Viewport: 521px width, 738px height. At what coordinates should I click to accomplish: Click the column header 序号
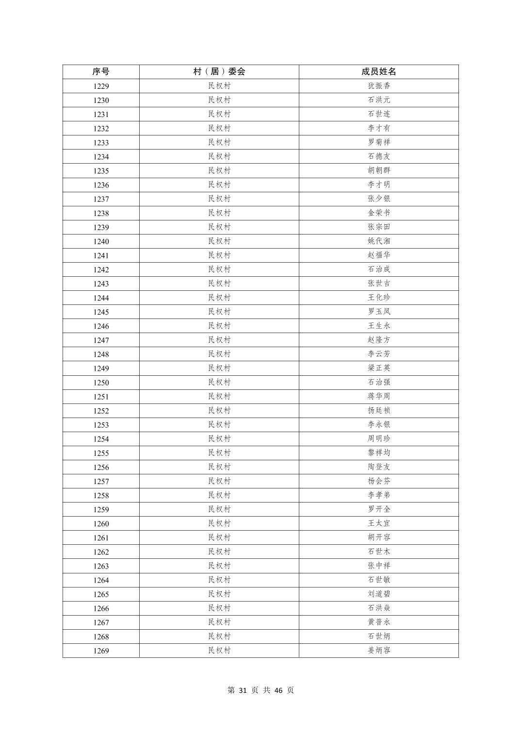click(x=101, y=72)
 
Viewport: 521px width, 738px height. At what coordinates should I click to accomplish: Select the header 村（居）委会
click(x=219, y=72)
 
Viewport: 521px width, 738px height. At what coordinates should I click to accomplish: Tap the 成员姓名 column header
click(x=378, y=72)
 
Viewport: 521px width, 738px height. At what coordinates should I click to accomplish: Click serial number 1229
click(x=101, y=86)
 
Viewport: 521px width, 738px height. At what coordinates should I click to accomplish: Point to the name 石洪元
click(x=378, y=100)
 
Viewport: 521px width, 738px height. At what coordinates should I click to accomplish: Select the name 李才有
click(x=378, y=128)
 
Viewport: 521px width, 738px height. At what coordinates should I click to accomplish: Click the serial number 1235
click(x=101, y=171)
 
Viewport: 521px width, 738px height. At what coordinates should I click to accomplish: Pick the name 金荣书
click(x=378, y=213)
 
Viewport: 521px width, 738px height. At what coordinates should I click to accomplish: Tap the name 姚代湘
click(x=378, y=241)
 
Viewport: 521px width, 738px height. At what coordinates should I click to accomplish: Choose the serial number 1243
click(x=101, y=284)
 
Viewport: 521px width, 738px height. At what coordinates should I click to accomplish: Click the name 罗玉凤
click(x=378, y=312)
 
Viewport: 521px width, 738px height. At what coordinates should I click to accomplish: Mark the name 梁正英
click(x=378, y=368)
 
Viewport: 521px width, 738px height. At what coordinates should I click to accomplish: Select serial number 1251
click(x=101, y=397)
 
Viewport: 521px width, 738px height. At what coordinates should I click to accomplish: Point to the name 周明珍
click(x=378, y=439)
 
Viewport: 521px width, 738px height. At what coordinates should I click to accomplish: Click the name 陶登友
click(x=378, y=467)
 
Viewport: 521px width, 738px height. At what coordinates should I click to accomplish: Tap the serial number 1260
click(x=101, y=524)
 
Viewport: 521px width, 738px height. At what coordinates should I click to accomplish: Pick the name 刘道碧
click(x=378, y=594)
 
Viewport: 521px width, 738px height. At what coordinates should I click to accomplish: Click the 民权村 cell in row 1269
click(x=219, y=651)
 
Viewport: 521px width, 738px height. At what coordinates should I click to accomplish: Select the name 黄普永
click(x=378, y=622)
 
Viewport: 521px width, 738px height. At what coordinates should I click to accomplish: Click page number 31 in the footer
click(x=244, y=690)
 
